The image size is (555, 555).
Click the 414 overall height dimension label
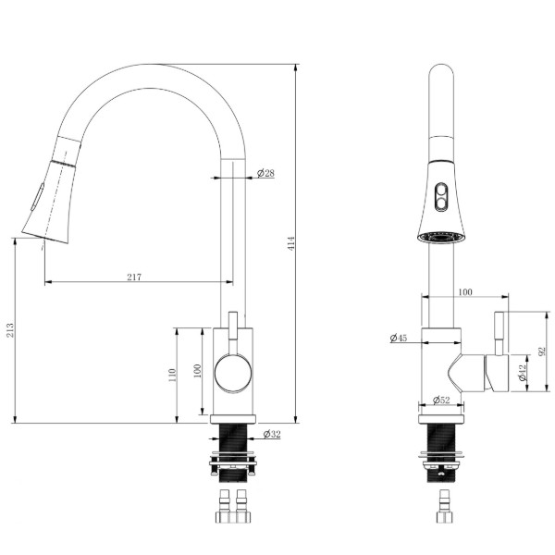(x=291, y=243)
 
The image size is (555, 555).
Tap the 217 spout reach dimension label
(x=134, y=277)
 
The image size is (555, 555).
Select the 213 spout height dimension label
(x=10, y=330)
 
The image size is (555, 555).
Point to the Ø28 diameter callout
(x=265, y=173)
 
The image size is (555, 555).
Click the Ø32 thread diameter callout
(x=272, y=434)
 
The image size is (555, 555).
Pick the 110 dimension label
(x=172, y=376)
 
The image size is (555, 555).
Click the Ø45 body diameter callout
(x=399, y=338)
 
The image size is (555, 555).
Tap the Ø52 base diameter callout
(x=441, y=400)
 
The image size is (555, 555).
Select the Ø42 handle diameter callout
(x=523, y=373)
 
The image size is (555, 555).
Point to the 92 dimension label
(x=541, y=351)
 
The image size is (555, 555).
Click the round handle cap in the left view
(x=233, y=374)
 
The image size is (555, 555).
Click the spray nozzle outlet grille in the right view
(x=441, y=237)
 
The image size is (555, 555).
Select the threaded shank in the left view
(x=233, y=453)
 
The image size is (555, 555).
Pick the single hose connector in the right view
(x=444, y=506)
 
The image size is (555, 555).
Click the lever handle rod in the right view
(x=499, y=333)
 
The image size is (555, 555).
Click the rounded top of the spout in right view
(x=441, y=71)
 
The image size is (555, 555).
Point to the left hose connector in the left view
(x=224, y=506)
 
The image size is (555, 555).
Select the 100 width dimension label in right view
(x=465, y=292)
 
